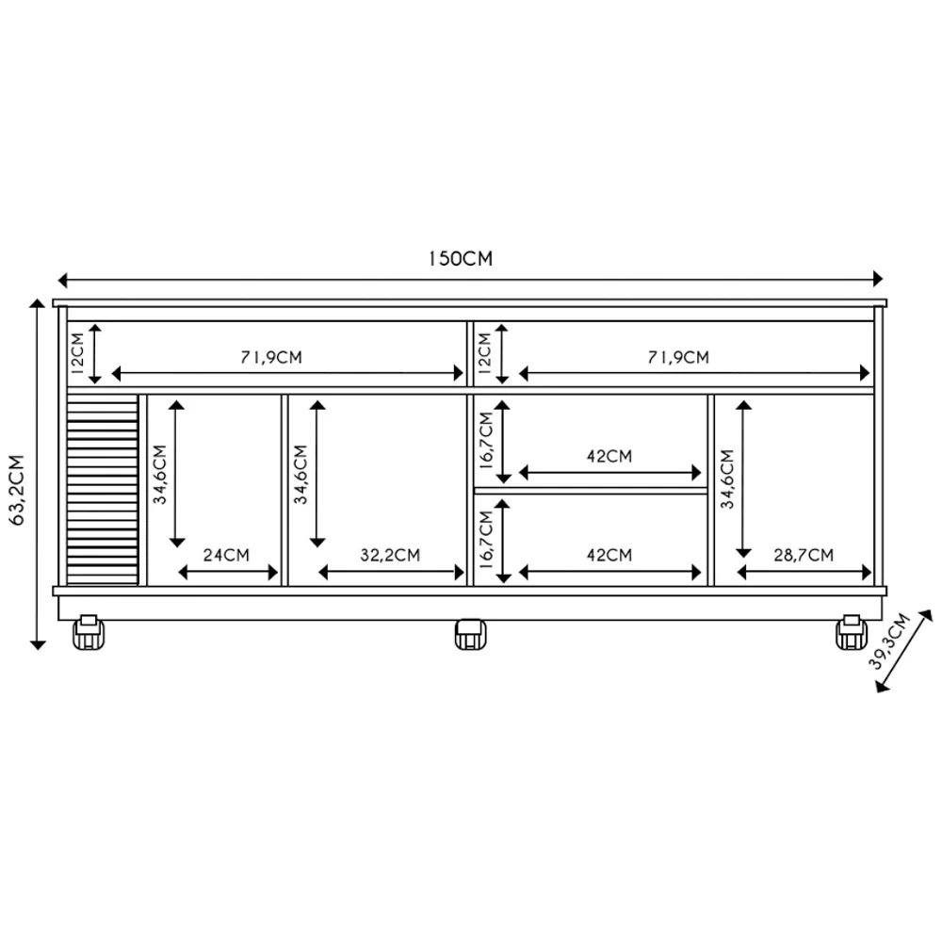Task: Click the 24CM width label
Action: coord(227,555)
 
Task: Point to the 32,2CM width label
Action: coord(389,555)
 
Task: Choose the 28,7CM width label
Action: coord(804,555)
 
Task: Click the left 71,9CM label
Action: coord(271,357)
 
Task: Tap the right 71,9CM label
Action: coord(678,357)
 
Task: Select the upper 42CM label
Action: coord(609,456)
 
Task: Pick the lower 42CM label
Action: coord(609,555)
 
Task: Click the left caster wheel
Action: coord(89,633)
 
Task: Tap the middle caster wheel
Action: coord(469,634)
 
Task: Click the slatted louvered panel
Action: coord(103,489)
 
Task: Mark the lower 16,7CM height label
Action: coord(486,540)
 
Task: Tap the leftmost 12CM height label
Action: coord(78,353)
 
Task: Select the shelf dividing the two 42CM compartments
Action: coord(590,491)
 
